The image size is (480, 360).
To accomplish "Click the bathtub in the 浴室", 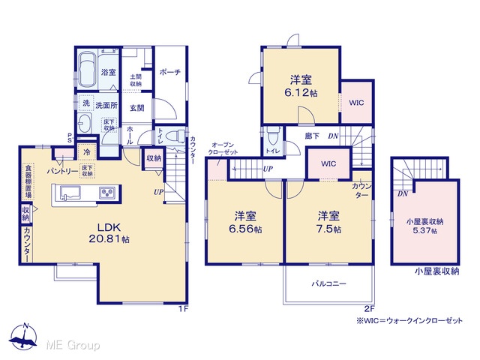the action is click(x=87, y=70).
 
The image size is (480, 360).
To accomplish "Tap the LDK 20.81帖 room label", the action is click(x=109, y=233).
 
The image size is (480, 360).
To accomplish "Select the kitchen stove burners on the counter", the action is click(x=107, y=193).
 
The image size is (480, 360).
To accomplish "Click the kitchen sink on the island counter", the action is click(x=70, y=193).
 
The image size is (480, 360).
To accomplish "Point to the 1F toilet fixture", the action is click(x=175, y=135).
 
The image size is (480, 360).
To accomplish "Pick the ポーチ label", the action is click(x=170, y=72).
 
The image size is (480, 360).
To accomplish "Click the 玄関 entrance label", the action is click(x=136, y=108).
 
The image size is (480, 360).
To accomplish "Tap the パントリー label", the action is click(x=62, y=172).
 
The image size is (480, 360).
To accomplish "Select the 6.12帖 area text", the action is click(x=301, y=93).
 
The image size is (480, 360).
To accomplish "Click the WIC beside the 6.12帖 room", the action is click(x=357, y=103).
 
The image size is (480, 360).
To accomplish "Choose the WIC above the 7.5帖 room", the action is click(x=328, y=163).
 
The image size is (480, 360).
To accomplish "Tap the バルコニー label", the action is click(x=329, y=283).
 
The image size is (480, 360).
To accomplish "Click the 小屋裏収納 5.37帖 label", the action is click(x=425, y=226).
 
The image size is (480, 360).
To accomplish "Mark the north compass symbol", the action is click(x=23, y=337).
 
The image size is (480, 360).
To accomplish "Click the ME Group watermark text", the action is click(x=73, y=346).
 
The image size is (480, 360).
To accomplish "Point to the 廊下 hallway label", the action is click(x=312, y=136).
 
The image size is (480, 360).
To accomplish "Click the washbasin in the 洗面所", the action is click(x=84, y=123).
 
